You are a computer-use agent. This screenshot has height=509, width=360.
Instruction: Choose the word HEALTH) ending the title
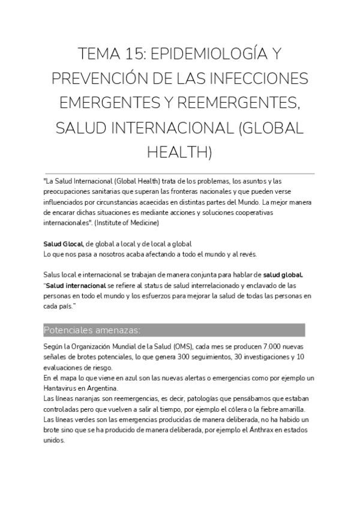pos(179,152)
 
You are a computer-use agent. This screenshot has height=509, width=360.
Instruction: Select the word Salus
pos(53,275)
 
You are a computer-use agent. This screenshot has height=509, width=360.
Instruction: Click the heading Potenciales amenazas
pos(92,330)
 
